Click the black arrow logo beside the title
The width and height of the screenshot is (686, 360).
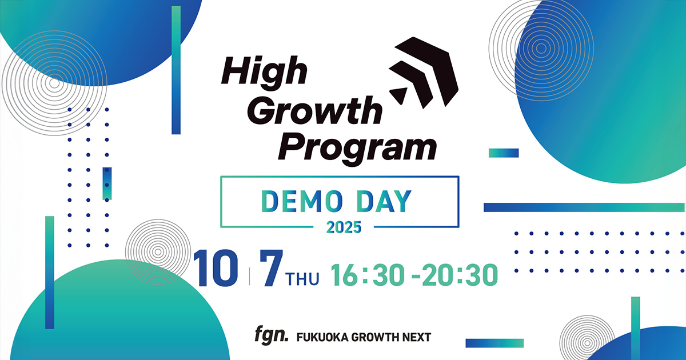tap(424, 73)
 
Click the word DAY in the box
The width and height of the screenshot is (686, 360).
tap(385, 201)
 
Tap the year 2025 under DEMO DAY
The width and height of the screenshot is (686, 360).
tap(344, 227)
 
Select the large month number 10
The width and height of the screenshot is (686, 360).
tap(216, 268)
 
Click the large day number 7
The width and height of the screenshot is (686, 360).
tap(272, 269)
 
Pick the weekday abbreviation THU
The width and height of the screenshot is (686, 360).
tap(302, 279)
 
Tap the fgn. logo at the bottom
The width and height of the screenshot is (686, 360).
tap(272, 335)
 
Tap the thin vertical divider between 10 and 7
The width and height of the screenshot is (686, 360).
tap(249, 276)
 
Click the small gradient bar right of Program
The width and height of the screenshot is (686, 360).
tap(504, 153)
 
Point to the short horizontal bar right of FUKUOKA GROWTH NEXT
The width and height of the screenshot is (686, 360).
tap(494, 343)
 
